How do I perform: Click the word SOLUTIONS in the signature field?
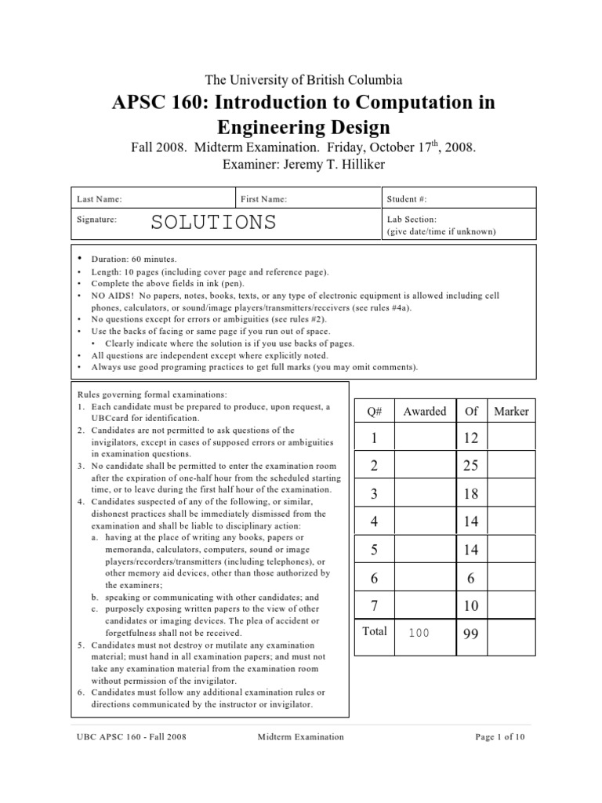tap(213, 222)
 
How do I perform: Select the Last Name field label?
tap(99, 200)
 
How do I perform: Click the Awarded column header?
tap(424, 411)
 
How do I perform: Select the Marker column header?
tap(511, 411)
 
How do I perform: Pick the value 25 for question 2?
tap(470, 466)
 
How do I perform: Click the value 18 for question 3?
tap(470, 494)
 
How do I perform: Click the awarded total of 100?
tap(419, 633)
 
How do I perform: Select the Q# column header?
tap(374, 411)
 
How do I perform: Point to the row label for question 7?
tap(374, 605)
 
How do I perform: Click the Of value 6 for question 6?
tap(470, 578)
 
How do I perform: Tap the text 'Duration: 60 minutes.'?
tap(134, 259)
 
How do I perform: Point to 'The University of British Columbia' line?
tap(303, 79)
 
